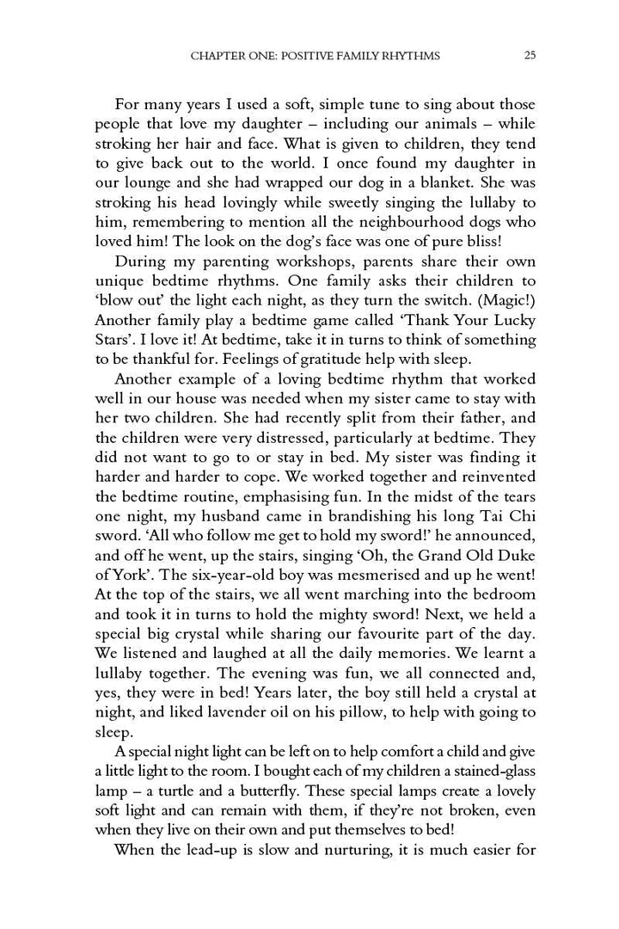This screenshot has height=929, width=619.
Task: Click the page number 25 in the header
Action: pyautogui.click(x=530, y=56)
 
